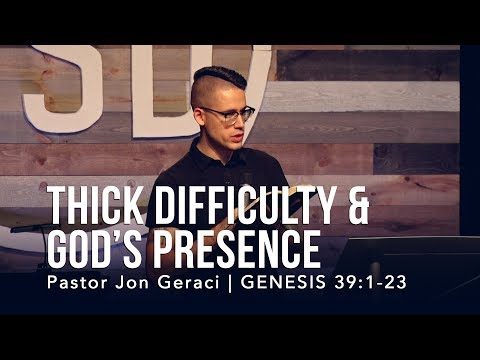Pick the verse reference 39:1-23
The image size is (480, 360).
click(371, 281)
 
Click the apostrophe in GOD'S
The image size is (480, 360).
click(136, 231)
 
